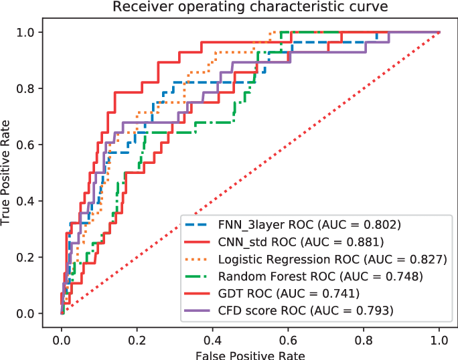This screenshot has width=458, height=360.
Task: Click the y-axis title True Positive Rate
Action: (x=7, y=173)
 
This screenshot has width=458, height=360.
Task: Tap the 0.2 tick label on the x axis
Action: (x=137, y=339)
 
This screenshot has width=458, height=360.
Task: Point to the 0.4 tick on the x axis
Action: (x=213, y=339)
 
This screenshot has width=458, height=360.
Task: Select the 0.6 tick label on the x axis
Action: (x=289, y=339)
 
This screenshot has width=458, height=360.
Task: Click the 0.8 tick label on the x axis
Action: (x=364, y=339)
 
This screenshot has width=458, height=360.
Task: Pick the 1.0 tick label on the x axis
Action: (x=440, y=339)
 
